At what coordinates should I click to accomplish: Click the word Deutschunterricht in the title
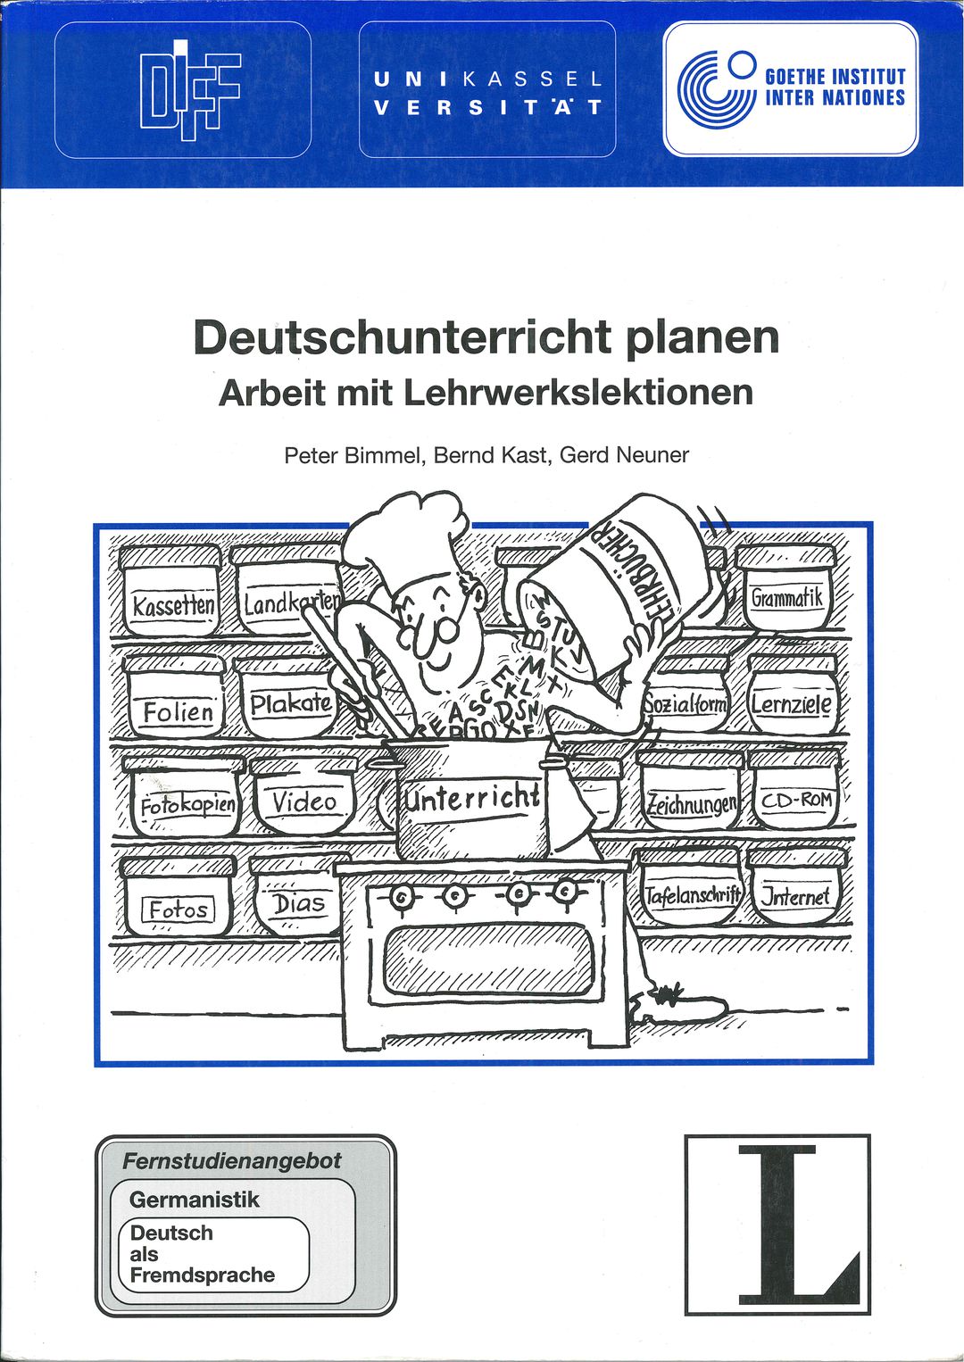pyautogui.click(x=402, y=337)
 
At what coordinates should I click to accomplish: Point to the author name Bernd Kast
pyautogui.click(x=490, y=455)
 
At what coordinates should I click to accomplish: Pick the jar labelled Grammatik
pyautogui.click(x=785, y=586)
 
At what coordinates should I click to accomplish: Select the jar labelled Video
pyautogui.click(x=303, y=796)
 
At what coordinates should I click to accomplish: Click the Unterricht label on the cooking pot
pyautogui.click(x=473, y=798)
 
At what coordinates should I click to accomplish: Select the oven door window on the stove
pyautogui.click(x=490, y=962)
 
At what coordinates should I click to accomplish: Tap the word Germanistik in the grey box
pyautogui.click(x=194, y=1200)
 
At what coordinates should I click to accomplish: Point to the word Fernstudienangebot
pyautogui.click(x=232, y=1161)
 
